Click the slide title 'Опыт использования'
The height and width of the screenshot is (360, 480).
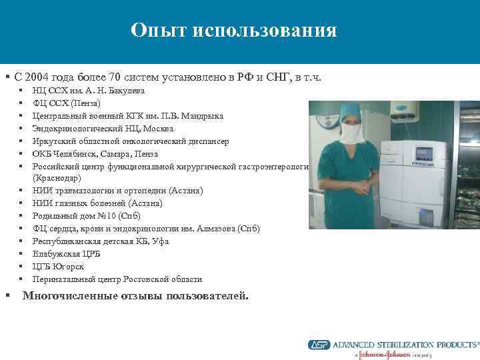[x=233, y=31]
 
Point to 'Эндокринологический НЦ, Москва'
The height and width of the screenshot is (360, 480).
[x=103, y=129]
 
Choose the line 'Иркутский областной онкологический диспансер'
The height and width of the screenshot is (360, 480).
[x=130, y=141]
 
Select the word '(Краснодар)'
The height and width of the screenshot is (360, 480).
[x=57, y=179]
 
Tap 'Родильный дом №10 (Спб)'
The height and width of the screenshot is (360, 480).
[x=86, y=216]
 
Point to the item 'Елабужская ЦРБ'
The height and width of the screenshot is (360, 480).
[x=65, y=254]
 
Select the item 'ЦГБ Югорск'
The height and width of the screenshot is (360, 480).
[x=56, y=267]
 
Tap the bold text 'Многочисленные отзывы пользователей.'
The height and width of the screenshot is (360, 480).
[x=135, y=296]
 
